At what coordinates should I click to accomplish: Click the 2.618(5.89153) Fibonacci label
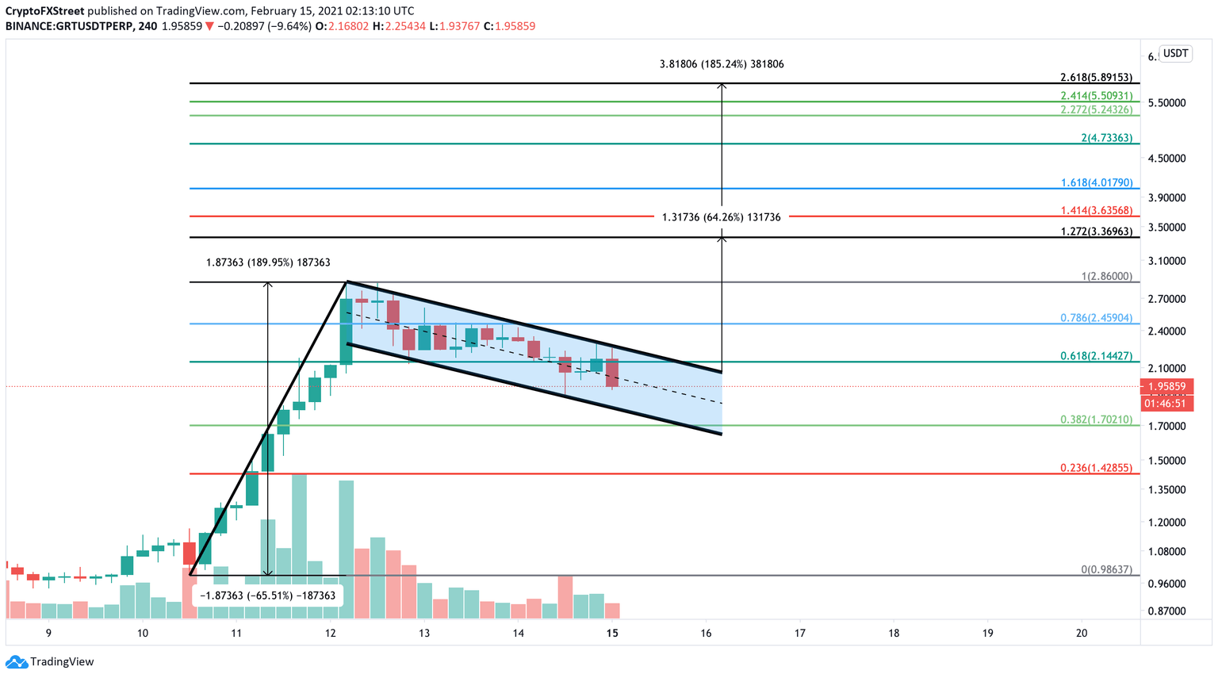pyautogui.click(x=1097, y=78)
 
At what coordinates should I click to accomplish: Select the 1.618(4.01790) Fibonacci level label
pyautogui.click(x=1097, y=183)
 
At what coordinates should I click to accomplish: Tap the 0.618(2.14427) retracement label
pyautogui.click(x=1097, y=356)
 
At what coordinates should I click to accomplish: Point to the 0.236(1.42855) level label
pyautogui.click(x=1097, y=468)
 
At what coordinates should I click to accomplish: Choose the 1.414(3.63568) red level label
pyautogui.click(x=1097, y=211)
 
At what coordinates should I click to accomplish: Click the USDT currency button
pyautogui.click(x=1175, y=54)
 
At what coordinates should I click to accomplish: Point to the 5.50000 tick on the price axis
pyautogui.click(x=1166, y=103)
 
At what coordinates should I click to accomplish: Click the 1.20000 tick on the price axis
pyautogui.click(x=1166, y=523)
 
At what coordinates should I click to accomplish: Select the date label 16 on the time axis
pyautogui.click(x=706, y=633)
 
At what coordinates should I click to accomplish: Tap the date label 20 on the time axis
pyautogui.click(x=1082, y=633)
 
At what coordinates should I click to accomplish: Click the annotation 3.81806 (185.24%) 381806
pyautogui.click(x=721, y=64)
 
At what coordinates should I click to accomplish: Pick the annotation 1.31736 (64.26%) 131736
pyautogui.click(x=721, y=217)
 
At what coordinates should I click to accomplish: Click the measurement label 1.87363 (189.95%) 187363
pyautogui.click(x=268, y=262)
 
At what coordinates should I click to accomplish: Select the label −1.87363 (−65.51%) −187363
pyautogui.click(x=268, y=596)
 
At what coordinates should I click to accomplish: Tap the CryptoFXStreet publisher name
pyautogui.click(x=45, y=11)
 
